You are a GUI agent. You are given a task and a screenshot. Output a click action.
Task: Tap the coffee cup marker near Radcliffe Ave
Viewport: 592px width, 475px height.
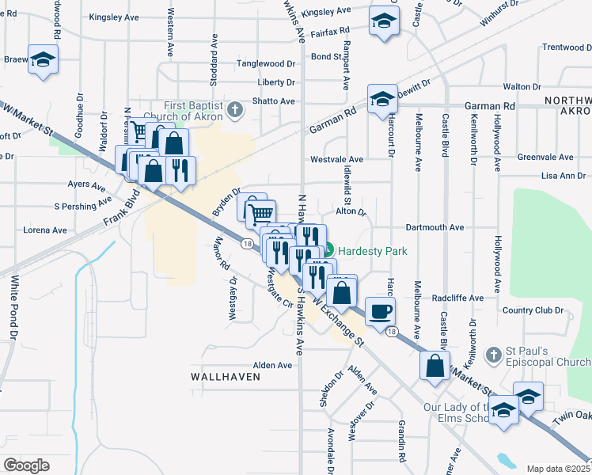[380, 310]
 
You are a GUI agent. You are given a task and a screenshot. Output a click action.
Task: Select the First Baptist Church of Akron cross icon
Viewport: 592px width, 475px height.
[234, 109]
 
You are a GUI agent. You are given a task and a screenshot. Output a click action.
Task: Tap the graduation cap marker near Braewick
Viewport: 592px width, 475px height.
[43, 59]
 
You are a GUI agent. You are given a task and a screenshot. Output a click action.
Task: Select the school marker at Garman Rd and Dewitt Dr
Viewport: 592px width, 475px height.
[381, 99]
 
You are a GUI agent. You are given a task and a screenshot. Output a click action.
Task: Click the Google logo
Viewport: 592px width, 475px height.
[26, 465]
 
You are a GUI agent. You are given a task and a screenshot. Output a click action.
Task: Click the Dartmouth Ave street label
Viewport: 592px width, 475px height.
[434, 227]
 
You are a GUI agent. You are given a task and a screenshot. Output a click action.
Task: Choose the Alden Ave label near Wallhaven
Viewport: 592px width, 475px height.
[272, 365]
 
